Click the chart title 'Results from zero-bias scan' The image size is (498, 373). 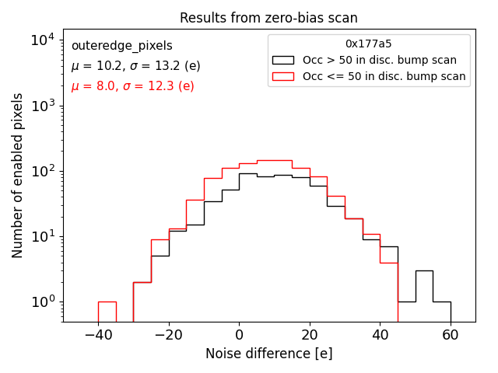(x=268, y=18)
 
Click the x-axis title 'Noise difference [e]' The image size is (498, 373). (x=268, y=354)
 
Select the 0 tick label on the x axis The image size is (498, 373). (x=239, y=335)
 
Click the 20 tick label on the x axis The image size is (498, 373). (x=310, y=335)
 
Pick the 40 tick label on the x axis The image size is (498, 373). (x=380, y=335)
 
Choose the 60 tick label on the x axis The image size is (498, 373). (x=451, y=335)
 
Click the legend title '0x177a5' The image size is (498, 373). (x=369, y=44)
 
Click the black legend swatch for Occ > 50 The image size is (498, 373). (x=283, y=60)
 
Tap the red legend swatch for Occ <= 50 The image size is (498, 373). (x=283, y=76)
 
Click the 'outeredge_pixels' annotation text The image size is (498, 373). (x=121, y=46)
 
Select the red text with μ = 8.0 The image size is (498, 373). (x=132, y=86)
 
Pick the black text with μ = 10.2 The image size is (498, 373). (x=135, y=66)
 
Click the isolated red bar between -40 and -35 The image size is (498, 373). (x=107, y=311)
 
